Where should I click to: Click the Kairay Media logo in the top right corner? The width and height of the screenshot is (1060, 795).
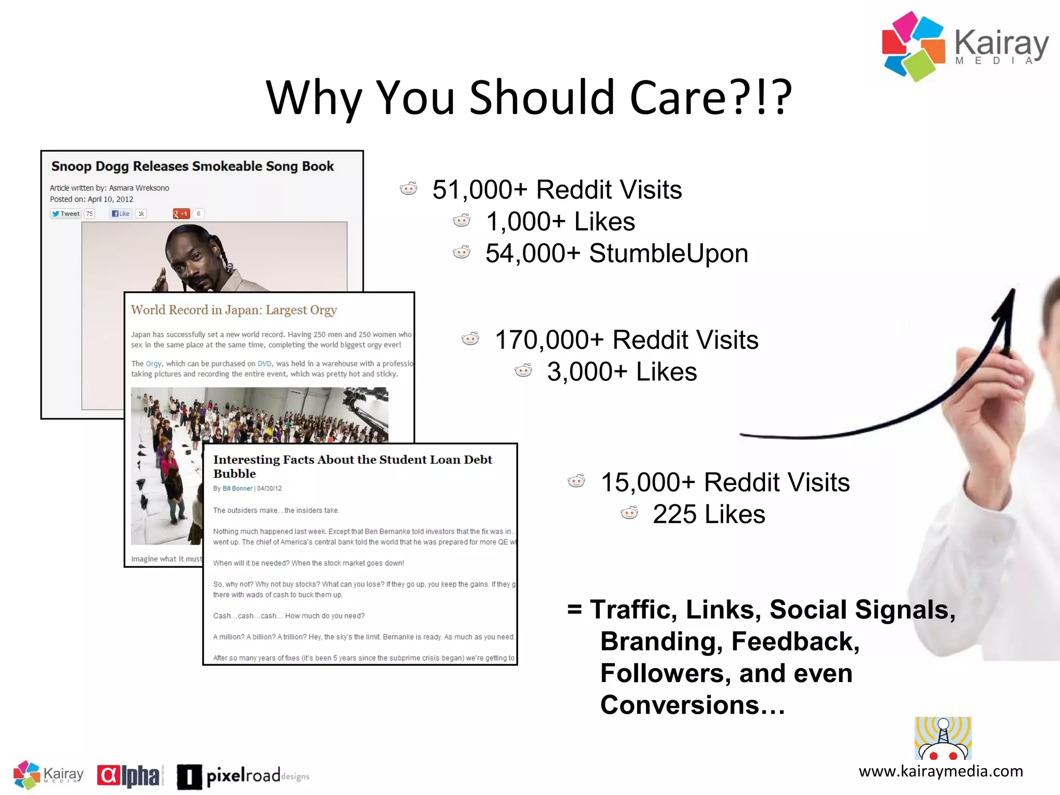(965, 47)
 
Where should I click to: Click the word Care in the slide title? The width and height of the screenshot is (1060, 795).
(678, 98)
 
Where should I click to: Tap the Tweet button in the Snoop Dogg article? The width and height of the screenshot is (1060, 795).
(66, 214)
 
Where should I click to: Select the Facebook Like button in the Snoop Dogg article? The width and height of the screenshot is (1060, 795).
(121, 214)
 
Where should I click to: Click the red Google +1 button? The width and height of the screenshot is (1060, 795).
(181, 214)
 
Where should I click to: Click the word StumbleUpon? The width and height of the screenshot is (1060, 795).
(668, 254)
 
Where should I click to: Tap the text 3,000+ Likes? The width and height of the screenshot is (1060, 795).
(622, 372)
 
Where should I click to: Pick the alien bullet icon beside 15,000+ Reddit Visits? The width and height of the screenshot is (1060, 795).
(577, 481)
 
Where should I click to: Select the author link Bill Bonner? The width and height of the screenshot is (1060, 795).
(238, 489)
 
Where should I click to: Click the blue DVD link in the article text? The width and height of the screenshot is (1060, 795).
(264, 364)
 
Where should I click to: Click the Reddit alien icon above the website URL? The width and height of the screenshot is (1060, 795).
(943, 739)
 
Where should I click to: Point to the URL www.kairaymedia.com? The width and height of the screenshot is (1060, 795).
(940, 772)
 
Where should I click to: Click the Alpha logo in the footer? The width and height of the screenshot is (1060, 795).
(129, 775)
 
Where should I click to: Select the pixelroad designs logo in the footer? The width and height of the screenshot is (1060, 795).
(243, 776)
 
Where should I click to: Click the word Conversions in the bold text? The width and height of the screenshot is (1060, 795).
(680, 705)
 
